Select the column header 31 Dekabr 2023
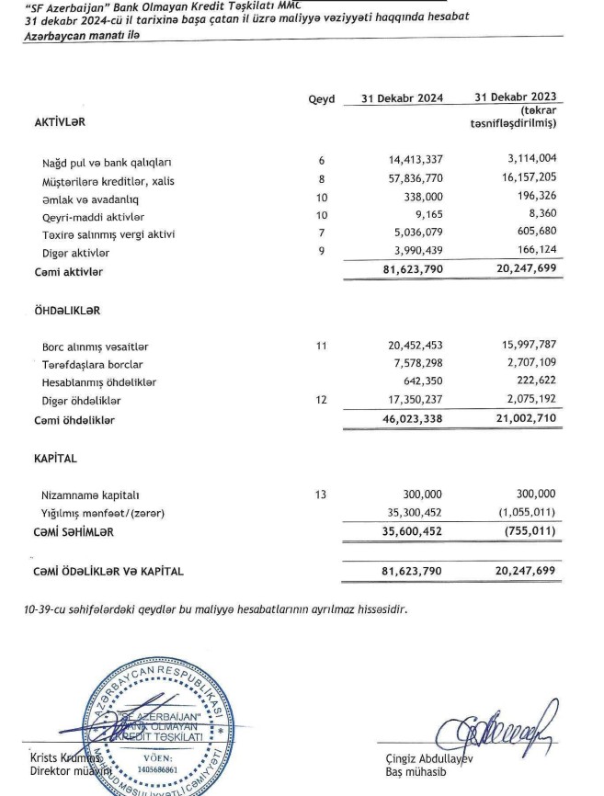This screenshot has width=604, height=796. pos(516,98)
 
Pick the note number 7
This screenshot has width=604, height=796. pos(322,234)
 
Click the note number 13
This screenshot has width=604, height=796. pos(320,495)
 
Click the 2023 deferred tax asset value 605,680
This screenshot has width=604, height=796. pos(530,234)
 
